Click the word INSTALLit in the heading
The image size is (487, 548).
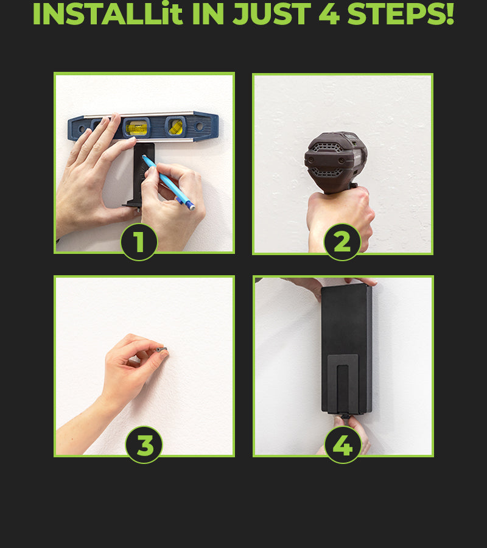point(108,14)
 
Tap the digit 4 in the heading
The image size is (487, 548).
point(329,15)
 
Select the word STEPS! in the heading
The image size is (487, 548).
point(401,14)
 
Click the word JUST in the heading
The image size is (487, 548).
point(272,15)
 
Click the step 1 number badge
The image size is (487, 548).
point(139,242)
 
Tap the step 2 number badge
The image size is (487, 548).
point(342,242)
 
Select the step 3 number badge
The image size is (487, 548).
point(144,444)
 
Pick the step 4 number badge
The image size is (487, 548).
point(343,444)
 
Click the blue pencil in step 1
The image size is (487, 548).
point(169,182)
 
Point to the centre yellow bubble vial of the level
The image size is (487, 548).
point(136,128)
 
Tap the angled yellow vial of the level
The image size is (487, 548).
point(175,127)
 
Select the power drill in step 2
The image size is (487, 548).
point(335,161)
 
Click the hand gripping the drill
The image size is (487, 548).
point(340,219)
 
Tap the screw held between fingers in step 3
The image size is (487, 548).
point(163,349)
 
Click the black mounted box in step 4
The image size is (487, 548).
point(346,349)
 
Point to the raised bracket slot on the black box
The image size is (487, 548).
point(343,384)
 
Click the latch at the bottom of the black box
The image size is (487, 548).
point(346,416)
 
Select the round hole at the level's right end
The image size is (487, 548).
point(199,126)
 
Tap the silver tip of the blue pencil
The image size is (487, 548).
point(192,207)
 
